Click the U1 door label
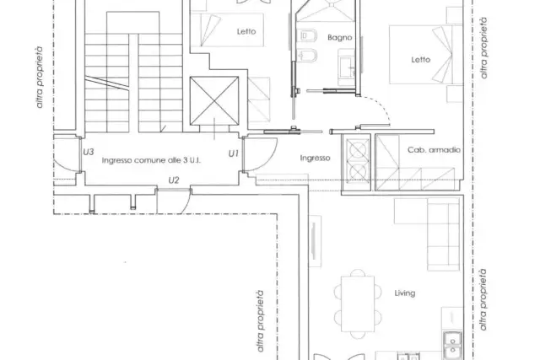tap(234, 153)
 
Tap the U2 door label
tap(174, 180)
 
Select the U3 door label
tap(89, 152)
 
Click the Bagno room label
tap(339, 37)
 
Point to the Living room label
tap(405, 293)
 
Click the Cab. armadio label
tap(434, 150)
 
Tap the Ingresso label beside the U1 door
tap(315, 158)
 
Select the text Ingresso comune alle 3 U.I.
tap(151, 160)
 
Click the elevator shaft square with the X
tap(214, 100)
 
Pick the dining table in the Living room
tap(358, 304)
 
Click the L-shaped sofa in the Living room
tap(428, 234)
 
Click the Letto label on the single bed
tap(246, 32)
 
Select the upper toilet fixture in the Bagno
tap(309, 35)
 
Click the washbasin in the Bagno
tap(346, 67)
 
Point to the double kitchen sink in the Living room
tap(452, 345)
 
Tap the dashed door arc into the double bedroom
tap(378, 107)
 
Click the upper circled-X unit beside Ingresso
tap(358, 150)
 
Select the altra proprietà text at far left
tap(40, 78)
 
